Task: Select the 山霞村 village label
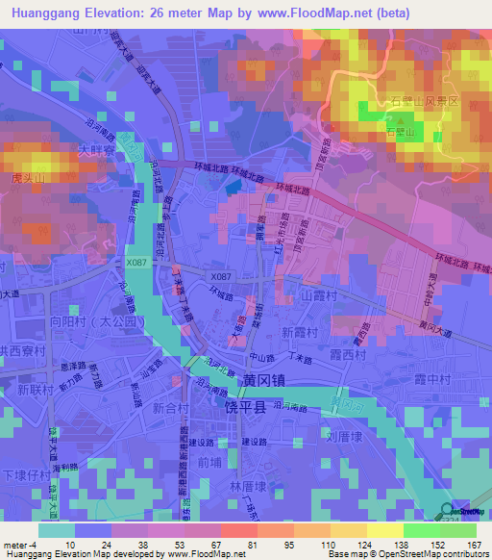pos(322,299)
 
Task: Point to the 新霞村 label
pos(303,331)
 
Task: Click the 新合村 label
pos(170,408)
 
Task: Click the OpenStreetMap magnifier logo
pos(449,513)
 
